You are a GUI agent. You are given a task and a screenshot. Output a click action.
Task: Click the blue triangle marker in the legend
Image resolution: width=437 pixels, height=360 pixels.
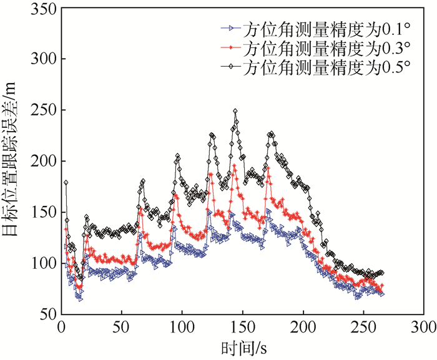231,29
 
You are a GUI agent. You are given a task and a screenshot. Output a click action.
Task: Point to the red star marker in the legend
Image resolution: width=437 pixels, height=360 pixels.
231,47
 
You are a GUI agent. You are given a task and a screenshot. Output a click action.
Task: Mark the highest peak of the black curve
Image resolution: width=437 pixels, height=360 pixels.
235,111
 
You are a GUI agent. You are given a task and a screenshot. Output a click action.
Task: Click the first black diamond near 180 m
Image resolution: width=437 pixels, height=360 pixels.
66,182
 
